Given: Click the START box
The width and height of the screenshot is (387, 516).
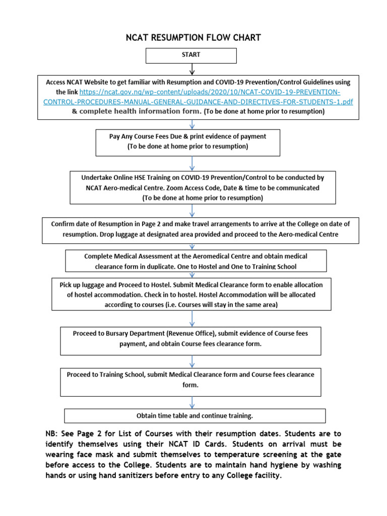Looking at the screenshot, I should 191,55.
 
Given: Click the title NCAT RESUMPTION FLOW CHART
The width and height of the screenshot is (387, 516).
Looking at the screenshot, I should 193,38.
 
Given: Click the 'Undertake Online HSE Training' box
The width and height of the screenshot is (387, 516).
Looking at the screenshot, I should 202,187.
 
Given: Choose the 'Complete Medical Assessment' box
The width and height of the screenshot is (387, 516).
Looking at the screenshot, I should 196,261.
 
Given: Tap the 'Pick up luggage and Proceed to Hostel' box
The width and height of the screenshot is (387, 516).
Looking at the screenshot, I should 191,294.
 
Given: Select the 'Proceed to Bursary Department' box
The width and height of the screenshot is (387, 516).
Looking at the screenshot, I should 190,339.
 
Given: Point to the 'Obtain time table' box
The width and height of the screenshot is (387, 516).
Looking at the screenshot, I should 195,416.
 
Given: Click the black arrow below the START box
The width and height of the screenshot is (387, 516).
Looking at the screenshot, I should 192,69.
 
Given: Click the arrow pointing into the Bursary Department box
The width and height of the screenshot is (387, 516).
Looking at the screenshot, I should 192,318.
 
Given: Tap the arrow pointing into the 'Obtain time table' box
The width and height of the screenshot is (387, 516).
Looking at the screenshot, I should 192,403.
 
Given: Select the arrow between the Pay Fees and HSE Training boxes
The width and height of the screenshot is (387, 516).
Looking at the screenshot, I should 192,163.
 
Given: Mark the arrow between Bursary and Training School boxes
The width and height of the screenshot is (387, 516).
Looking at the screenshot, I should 192,361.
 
